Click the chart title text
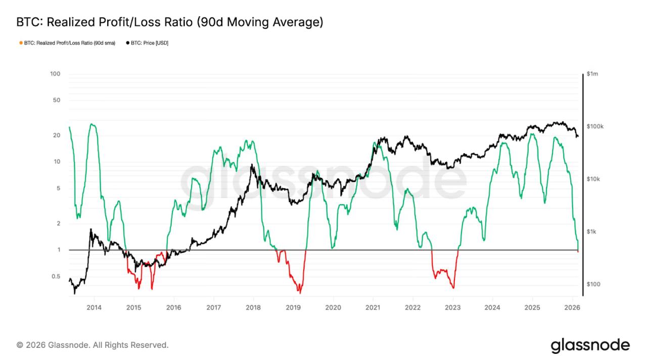pyautogui.click(x=169, y=22)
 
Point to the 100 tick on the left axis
pyautogui.click(x=55, y=74)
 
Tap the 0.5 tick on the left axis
pyautogui.click(x=55, y=277)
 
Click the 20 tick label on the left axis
pyautogui.click(x=57, y=135)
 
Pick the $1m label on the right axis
pyautogui.click(x=592, y=74)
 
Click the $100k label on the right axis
pyautogui.click(x=594, y=126)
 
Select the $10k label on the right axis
pyautogui.click(x=593, y=179)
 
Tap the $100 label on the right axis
pyautogui.click(x=593, y=284)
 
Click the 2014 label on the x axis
pyautogui.click(x=94, y=307)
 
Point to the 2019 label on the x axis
pyautogui.click(x=293, y=307)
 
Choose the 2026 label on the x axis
pyautogui.click(x=572, y=307)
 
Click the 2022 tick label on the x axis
pyautogui.click(x=412, y=307)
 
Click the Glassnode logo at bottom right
pyautogui.click(x=590, y=346)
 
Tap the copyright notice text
pyautogui.click(x=93, y=345)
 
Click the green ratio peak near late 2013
pyautogui.click(x=91, y=124)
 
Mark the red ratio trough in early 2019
pyautogui.click(x=300, y=293)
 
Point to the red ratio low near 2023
pyautogui.click(x=453, y=288)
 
